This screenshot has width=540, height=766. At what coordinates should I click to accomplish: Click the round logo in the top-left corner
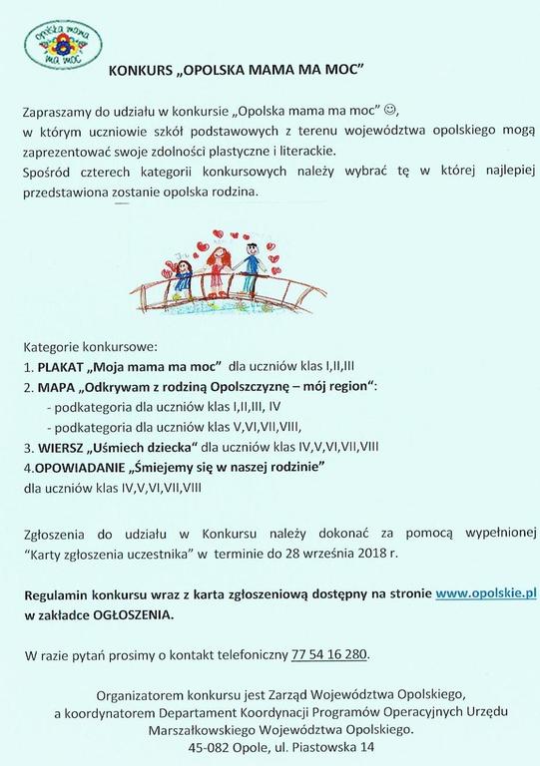[x=64, y=46]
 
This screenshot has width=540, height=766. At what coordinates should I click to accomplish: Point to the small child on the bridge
[x=183, y=274]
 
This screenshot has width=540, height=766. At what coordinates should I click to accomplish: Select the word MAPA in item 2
[x=60, y=386]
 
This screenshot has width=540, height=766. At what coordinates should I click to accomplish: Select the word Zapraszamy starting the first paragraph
[x=61, y=111]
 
